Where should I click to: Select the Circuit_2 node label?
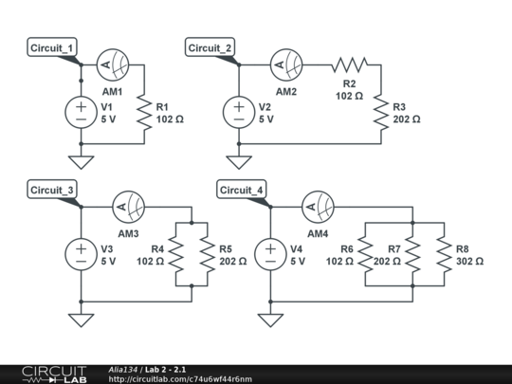[210, 48]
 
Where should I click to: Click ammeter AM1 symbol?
[112, 64]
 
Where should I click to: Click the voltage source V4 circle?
[270, 254]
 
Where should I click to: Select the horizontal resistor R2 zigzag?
[349, 64]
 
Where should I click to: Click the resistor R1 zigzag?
[144, 112]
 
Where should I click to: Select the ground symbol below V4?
[270, 319]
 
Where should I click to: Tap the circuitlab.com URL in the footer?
[181, 378]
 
